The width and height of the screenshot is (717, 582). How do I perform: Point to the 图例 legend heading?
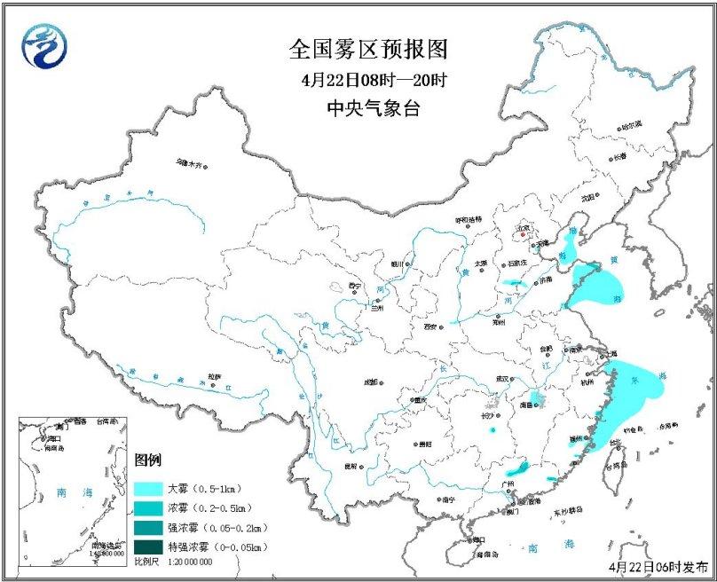pos(147,461)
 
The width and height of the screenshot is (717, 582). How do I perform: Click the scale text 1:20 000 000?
pos(185,562)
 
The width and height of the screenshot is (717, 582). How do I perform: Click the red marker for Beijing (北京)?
pos(524,235)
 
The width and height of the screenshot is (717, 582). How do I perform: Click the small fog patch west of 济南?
pos(512,285)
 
